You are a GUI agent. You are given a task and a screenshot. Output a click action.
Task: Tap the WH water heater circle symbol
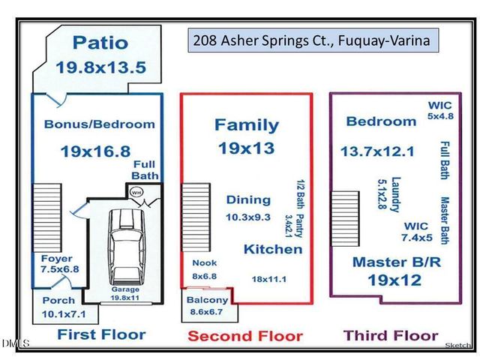136,193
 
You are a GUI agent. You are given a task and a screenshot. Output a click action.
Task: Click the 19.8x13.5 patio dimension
100,67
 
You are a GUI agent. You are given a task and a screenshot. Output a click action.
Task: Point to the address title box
311,41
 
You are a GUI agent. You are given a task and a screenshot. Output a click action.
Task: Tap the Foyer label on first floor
55,259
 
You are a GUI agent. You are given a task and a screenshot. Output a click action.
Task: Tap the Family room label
246,125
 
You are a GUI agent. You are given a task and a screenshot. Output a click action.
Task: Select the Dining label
248,199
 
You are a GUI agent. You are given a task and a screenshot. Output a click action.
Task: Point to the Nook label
204,262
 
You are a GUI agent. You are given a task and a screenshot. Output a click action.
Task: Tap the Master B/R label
388,262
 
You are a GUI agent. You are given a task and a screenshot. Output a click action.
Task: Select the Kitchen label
272,248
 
